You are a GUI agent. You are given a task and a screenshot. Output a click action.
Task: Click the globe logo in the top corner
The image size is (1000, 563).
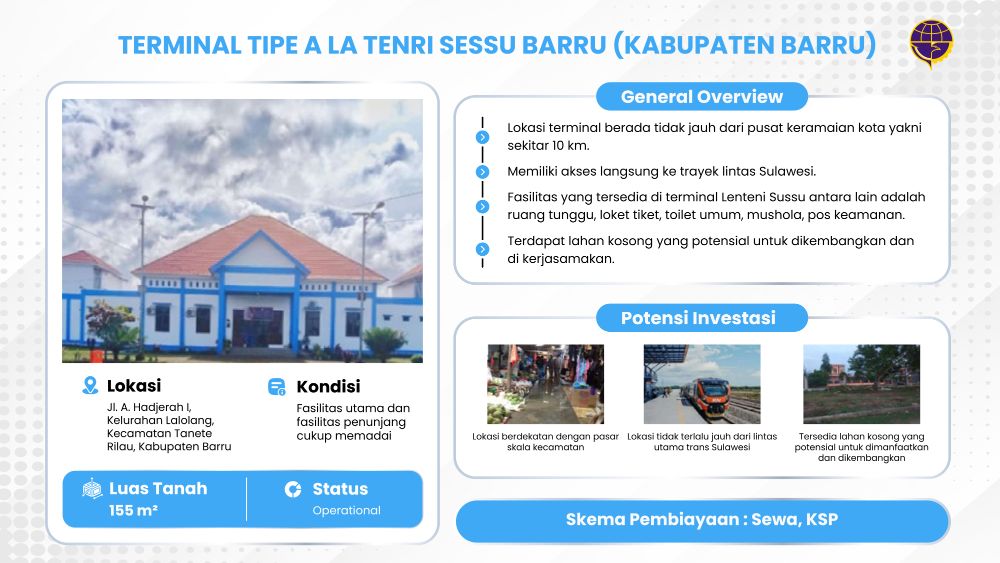point(930,43)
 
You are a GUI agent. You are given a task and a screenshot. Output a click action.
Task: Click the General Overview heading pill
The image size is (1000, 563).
point(702,96)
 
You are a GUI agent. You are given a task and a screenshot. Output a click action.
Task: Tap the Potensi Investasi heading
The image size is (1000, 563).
point(698,318)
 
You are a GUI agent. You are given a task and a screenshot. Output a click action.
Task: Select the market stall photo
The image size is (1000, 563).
point(545,384)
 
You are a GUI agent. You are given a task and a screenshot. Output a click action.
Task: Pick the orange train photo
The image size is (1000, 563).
point(702,384)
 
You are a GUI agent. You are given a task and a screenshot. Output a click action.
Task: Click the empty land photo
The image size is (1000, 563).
point(861,384)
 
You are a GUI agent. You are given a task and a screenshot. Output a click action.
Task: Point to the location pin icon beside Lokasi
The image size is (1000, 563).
point(91,385)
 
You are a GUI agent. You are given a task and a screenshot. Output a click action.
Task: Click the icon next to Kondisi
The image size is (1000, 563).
point(277,386)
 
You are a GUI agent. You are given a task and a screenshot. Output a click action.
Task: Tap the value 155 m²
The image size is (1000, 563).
point(133,510)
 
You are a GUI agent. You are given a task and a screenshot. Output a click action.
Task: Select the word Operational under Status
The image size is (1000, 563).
point(346,510)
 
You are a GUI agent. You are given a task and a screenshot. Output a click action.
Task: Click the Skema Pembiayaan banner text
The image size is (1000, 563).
point(702,519)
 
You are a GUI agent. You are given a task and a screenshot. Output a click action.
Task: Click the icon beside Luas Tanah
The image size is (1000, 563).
point(92,488)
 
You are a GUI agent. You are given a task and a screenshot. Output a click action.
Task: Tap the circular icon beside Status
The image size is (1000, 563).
point(293,489)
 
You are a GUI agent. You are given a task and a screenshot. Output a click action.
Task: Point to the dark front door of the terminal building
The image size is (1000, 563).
point(258,328)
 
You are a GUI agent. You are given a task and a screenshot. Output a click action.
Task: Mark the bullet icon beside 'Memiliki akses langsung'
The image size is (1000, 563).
point(482,172)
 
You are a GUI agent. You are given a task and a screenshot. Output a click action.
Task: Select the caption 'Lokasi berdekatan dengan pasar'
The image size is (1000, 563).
point(545,437)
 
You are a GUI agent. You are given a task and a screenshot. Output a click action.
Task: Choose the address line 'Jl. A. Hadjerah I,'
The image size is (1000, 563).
point(149,407)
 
